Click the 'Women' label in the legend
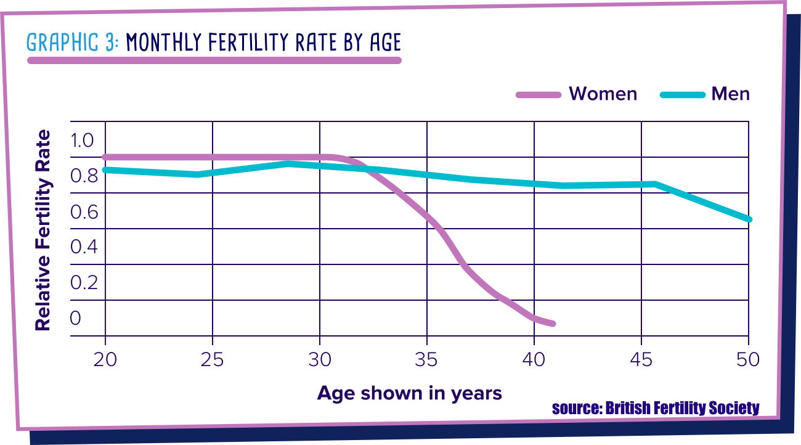pos(603,94)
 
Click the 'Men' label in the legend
pos(730,94)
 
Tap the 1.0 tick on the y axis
pos(82,141)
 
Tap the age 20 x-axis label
pos(105,359)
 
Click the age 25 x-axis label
pos(213,359)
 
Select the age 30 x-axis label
pos(320,359)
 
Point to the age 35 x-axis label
pos(427,359)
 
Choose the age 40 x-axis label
pos(534,359)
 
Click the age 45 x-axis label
pos(641,359)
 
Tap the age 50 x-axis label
pos(748,359)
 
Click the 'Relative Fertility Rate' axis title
pos(43,230)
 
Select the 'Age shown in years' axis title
pos(410,393)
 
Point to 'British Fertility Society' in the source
pos(682,408)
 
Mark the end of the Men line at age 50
pos(749,219)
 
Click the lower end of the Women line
pos(553,324)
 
